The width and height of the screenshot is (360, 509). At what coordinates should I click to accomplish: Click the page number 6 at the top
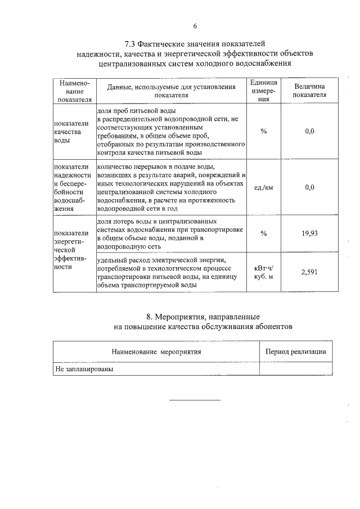coord(195,25)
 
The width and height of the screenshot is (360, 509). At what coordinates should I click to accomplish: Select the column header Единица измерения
coord(263,91)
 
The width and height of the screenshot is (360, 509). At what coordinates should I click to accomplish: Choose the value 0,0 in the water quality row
coord(309,131)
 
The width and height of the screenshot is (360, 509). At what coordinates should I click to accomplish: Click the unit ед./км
coord(263,188)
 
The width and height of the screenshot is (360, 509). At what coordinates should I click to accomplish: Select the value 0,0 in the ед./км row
coord(309,188)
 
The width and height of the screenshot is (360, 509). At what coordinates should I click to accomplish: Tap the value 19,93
coord(309,233)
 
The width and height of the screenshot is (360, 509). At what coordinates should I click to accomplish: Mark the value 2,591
coord(309,272)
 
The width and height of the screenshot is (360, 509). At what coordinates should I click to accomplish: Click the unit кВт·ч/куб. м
coord(263,272)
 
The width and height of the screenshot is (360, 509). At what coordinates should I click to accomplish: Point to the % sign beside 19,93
coord(263,233)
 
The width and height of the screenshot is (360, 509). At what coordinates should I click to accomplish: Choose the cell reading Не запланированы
coord(84,370)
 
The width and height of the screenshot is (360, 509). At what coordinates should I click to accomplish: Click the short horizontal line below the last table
coord(195,400)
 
